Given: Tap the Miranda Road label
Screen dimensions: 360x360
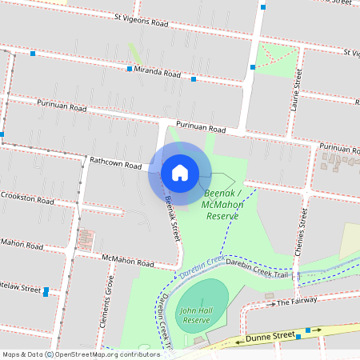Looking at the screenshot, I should pyautogui.click(x=158, y=73).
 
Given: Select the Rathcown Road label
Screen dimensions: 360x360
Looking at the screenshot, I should pyautogui.click(x=115, y=162).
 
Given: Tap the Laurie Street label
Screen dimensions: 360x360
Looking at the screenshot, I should pyautogui.click(x=297, y=88).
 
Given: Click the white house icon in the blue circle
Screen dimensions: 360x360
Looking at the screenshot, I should pyautogui.click(x=180, y=172).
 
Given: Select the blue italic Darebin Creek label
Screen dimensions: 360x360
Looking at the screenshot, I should pyautogui.click(x=200, y=268).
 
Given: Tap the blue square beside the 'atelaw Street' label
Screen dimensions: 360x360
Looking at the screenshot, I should pyautogui.click(x=46, y=290).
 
